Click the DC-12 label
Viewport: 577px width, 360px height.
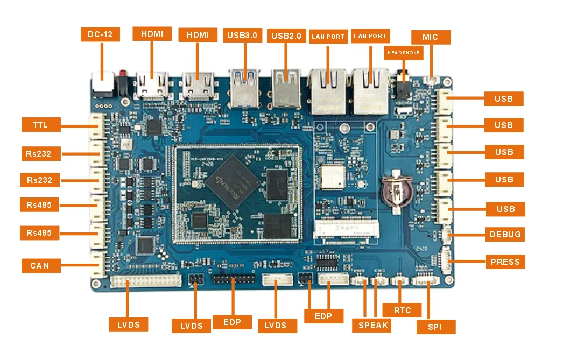click(x=100, y=34)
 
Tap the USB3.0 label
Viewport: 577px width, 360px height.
click(x=242, y=36)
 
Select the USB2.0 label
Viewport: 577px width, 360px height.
click(x=287, y=36)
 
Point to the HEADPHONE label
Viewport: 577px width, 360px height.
click(x=404, y=53)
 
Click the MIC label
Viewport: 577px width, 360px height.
click(x=431, y=37)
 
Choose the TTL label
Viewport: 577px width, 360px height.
click(x=40, y=124)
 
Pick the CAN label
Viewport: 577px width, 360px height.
click(x=40, y=265)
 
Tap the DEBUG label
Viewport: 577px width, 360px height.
click(x=505, y=234)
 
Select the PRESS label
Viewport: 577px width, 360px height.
click(x=505, y=262)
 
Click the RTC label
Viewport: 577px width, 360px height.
click(x=402, y=310)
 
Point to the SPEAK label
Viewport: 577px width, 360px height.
click(x=373, y=325)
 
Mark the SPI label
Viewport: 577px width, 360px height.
click(x=436, y=327)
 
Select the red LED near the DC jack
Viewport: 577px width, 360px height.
click(x=123, y=74)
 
